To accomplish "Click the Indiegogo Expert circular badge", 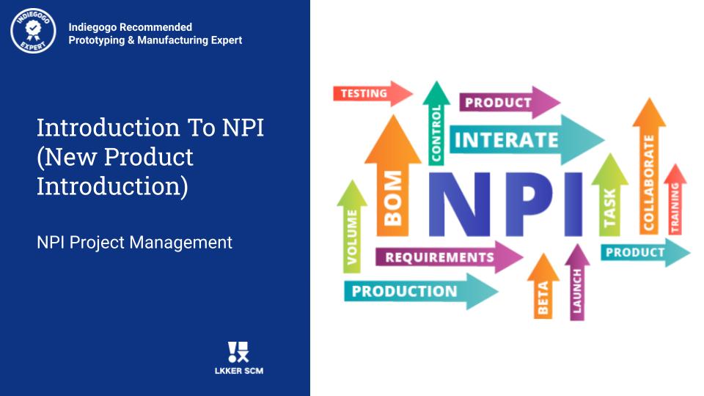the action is coord(33,31).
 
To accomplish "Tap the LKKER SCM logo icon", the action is coord(238,352).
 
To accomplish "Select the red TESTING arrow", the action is coord(373,93).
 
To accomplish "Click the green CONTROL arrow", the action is coord(436,123).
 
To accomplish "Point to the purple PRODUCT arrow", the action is coord(510,103).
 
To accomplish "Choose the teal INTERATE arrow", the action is coord(527,139).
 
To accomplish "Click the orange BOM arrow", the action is coord(393,175).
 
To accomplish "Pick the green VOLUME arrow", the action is coord(352,227).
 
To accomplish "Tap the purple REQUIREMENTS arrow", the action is coord(449,257).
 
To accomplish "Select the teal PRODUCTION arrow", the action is coord(421,291).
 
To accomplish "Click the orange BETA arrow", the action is coord(543,286).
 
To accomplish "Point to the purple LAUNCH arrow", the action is coord(577,282).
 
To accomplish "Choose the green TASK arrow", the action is coord(609,195).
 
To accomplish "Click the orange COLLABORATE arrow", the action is coord(649,166).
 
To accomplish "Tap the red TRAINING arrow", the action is coord(675,199).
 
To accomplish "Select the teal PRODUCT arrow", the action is coord(645,252).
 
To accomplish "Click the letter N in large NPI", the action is coord(459,205).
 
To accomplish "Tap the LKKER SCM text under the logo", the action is coord(239,371).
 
